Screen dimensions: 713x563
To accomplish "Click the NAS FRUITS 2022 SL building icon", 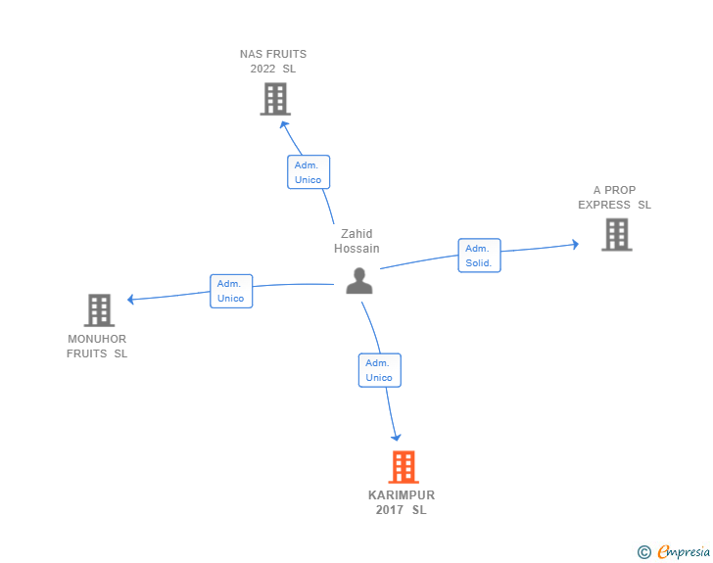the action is (x=275, y=99).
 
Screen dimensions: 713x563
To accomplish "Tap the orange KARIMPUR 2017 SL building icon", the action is (x=404, y=467).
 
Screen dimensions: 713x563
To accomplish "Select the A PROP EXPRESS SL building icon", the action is (x=617, y=234).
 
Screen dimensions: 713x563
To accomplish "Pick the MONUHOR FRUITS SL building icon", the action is (x=99, y=310).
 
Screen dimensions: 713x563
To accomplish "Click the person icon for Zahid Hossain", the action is (x=359, y=281).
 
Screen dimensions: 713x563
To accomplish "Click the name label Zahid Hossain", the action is (x=356, y=241).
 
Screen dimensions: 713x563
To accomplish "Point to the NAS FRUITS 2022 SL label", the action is (x=273, y=62).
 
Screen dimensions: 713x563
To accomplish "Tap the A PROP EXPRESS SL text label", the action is (x=614, y=198).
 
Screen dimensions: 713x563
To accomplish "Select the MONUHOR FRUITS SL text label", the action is (x=97, y=346).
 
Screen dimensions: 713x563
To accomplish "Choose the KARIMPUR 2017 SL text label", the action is (x=402, y=502).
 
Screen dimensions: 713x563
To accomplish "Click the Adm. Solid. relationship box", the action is (x=479, y=256).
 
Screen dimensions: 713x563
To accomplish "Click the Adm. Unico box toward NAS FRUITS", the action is (x=309, y=172).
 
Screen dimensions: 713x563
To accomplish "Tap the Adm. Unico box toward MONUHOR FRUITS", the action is (x=231, y=291).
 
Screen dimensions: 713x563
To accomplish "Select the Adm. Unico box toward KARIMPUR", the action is (x=380, y=370).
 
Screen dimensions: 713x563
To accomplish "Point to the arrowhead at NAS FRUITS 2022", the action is (x=284, y=125).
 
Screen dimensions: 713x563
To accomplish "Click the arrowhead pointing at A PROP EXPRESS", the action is (x=575, y=245).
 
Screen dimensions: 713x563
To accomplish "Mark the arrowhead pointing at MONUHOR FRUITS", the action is (x=130, y=300).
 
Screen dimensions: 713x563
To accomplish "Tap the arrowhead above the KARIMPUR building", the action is (x=396, y=437).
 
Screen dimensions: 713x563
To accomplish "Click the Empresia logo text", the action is (x=684, y=551).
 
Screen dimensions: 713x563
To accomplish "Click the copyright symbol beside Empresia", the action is (x=644, y=552).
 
